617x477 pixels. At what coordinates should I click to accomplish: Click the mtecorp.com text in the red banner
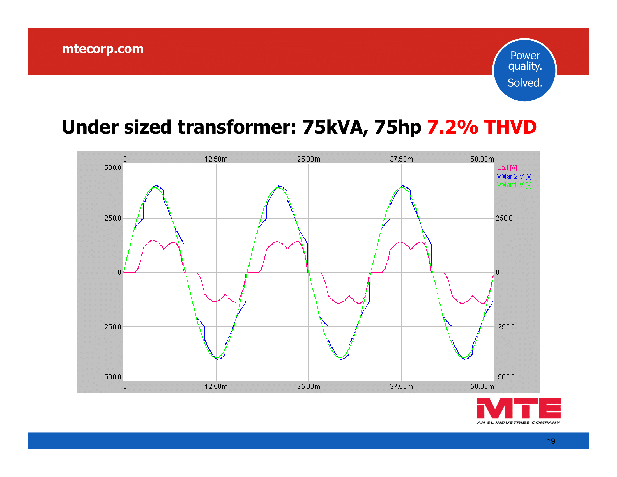103,49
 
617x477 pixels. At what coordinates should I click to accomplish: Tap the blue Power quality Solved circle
525,70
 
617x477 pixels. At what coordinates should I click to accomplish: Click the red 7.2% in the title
453,127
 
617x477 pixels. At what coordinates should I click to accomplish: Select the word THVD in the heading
510,127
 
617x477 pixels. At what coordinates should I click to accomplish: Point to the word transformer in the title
237,127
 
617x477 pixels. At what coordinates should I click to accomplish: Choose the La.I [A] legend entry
507,168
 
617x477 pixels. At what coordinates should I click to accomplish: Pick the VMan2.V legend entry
514,176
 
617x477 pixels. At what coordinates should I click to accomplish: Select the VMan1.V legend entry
514,185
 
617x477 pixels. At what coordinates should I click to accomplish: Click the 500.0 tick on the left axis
113,168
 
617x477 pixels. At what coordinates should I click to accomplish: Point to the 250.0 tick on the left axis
113,218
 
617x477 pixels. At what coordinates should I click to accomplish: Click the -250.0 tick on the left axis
111,327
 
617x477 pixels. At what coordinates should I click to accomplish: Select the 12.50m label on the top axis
216,159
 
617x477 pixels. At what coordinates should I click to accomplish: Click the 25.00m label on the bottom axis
309,386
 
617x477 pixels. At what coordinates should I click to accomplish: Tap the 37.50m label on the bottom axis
401,386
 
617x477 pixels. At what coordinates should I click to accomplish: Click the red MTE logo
519,408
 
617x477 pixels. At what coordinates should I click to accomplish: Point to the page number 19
551,441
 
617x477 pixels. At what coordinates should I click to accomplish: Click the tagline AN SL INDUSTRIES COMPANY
518,423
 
